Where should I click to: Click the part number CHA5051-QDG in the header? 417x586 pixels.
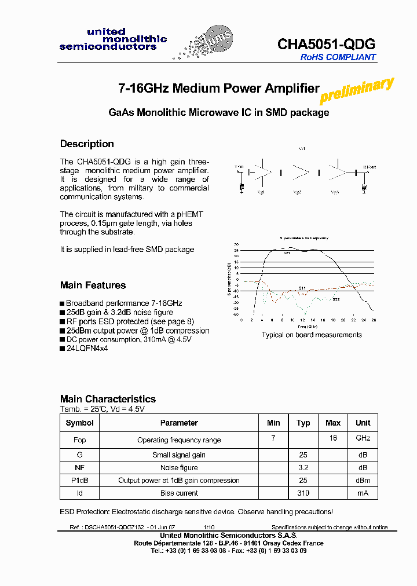327,44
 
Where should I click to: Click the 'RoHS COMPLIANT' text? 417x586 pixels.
338,57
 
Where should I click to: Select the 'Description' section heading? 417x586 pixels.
87,144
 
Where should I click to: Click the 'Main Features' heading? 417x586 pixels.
93,285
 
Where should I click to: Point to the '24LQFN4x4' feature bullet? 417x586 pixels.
87,349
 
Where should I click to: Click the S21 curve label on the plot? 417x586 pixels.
287,253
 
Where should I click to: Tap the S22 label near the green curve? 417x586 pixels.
336,299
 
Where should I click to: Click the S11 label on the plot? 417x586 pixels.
302,288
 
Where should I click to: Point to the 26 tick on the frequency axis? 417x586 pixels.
374,320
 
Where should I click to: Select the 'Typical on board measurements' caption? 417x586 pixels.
312,335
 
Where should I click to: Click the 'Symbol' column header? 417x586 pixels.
79,423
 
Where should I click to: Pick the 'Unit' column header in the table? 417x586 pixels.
363,423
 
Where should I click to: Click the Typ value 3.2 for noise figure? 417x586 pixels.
303,467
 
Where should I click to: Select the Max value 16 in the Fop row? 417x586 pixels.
333,438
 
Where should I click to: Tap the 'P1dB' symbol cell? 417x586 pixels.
79,480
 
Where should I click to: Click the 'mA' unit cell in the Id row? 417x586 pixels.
363,493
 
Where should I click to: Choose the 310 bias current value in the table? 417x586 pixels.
303,493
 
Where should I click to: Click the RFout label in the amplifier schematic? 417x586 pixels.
369,167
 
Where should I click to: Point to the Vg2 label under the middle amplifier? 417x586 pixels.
297,192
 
